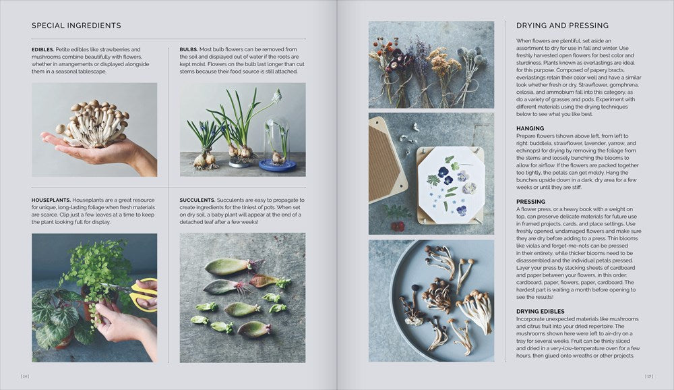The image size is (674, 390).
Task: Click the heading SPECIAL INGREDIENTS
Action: coord(76,26)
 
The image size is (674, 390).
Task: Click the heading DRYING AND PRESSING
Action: coord(562,26)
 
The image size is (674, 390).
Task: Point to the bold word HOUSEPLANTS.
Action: coord(51,200)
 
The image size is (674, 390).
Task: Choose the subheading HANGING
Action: coord(530,128)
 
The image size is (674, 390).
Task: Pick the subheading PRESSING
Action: coord(530,202)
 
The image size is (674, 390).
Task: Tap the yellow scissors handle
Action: coord(144,294)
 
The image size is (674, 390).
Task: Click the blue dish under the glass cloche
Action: coord(277,165)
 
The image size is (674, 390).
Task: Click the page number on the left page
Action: coord(25,376)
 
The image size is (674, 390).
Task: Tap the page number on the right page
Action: coord(648,376)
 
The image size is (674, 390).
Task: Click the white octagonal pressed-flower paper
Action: coord(450,184)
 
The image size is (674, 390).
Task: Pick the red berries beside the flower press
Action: coord(398,227)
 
